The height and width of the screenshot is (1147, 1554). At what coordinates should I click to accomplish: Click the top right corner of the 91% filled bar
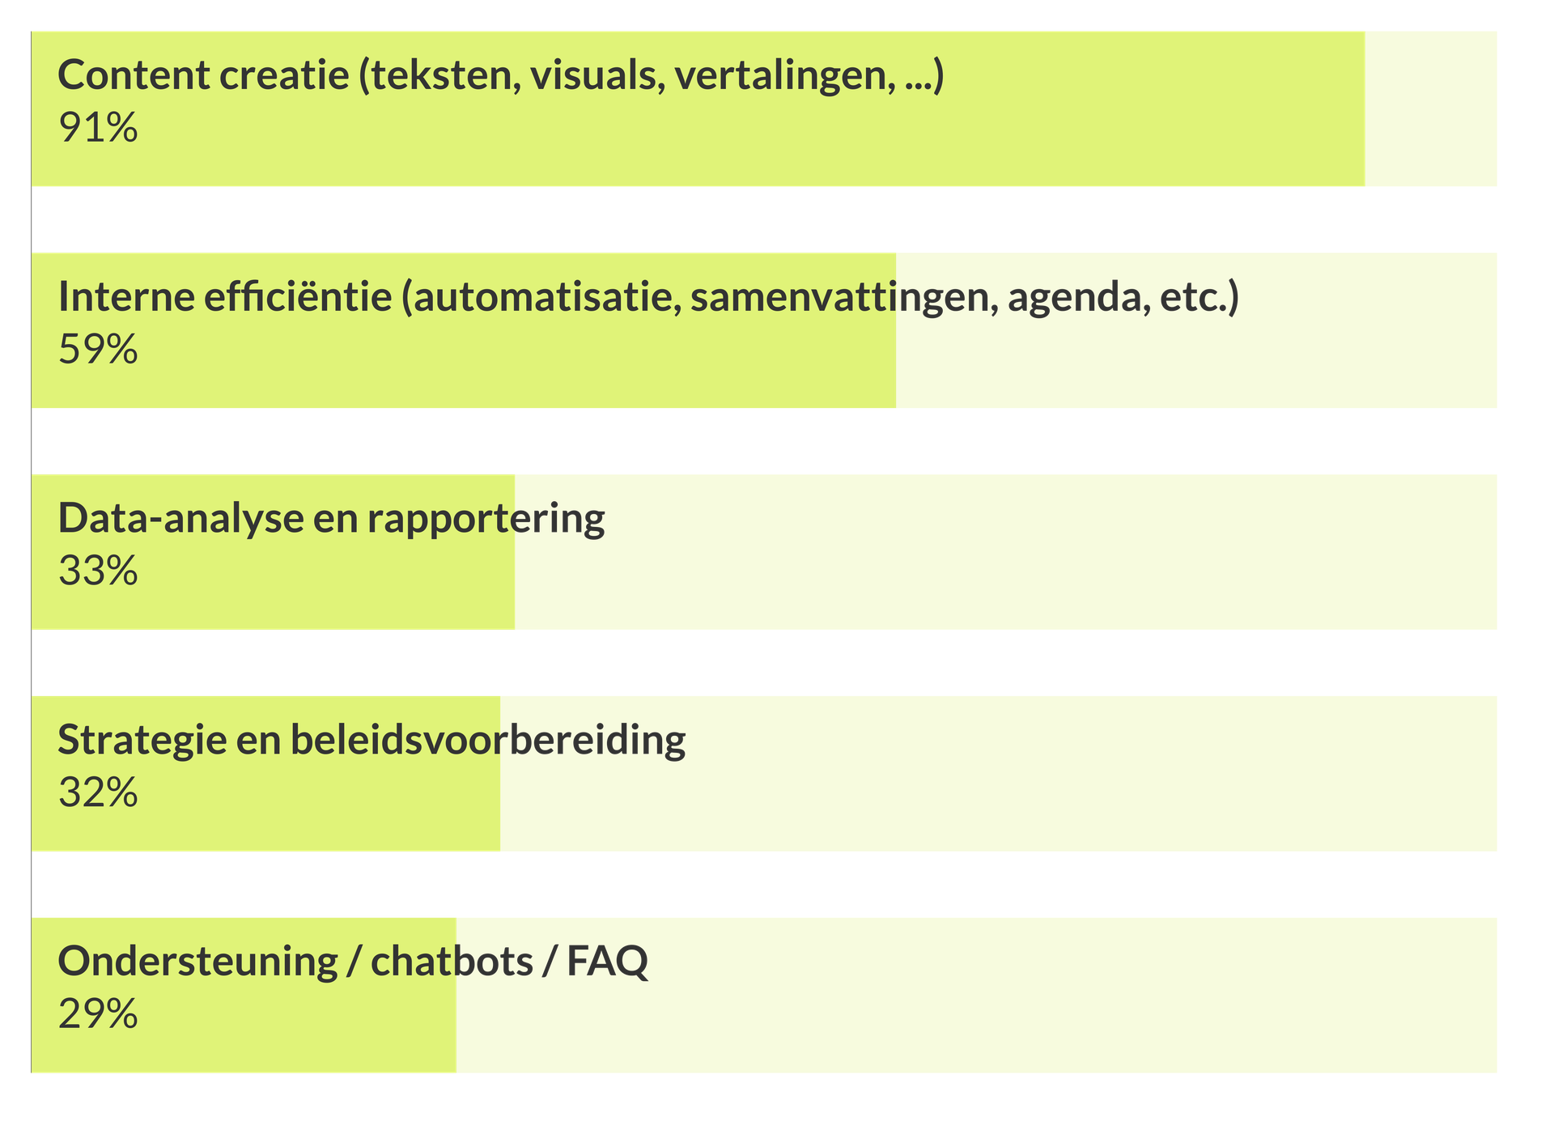1365,32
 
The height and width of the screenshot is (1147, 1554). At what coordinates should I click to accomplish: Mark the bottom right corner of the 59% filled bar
896,407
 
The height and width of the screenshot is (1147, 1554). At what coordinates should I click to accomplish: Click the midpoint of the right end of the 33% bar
515,552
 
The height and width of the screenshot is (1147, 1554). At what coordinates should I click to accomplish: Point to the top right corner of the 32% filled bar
500,697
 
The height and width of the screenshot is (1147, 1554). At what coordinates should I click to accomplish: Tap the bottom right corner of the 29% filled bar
456,1073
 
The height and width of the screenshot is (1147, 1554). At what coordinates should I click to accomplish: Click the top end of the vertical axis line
32,32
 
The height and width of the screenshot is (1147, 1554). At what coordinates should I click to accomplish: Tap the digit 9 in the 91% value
70,128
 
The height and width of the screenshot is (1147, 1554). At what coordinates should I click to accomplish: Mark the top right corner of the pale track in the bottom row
1497,919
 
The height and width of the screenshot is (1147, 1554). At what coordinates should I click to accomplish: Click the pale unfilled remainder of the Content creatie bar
1431,109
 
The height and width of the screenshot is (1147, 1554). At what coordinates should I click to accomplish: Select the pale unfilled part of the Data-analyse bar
1006,552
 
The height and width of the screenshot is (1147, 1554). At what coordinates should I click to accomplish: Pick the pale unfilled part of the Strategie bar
999,774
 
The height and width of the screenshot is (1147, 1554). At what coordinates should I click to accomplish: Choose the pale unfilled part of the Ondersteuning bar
977,996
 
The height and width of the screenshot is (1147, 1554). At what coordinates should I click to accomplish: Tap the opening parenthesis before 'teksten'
364,76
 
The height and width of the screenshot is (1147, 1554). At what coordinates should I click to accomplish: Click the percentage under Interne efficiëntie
98,350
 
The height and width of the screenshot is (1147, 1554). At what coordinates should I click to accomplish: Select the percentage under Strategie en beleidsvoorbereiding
98,793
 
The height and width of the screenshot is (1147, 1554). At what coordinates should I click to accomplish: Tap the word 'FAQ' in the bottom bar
608,962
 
